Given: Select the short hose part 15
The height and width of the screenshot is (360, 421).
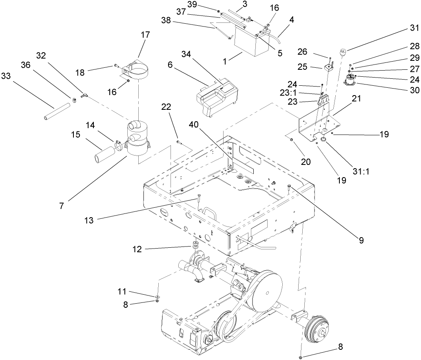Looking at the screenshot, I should [105, 151].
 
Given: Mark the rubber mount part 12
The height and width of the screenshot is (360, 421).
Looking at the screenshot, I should [195, 247].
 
